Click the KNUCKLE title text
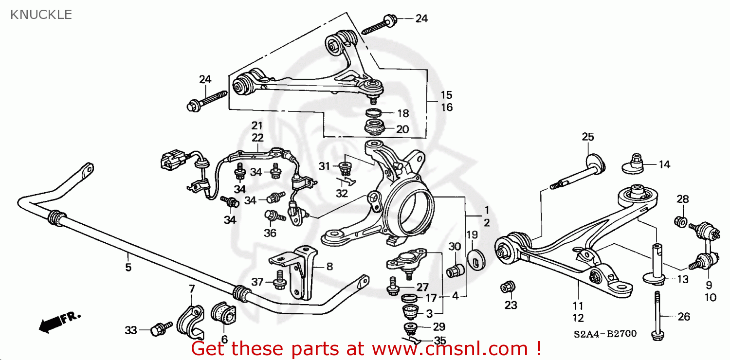click(41, 15)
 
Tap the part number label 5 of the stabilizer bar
click(128, 267)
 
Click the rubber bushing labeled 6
click(223, 314)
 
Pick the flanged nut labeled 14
click(635, 163)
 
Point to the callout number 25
click(588, 137)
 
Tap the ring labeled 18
click(374, 113)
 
